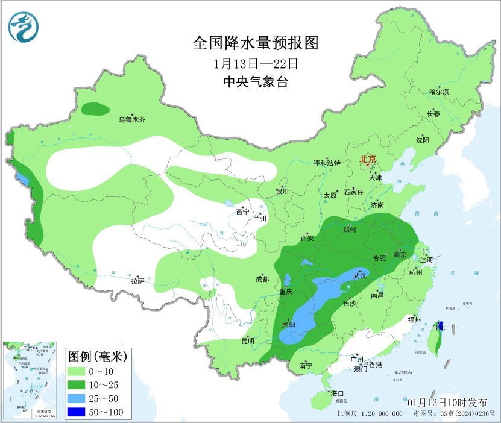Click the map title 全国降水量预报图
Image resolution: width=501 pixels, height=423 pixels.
tap(255, 43)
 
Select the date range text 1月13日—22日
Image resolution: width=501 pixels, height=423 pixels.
tap(256, 63)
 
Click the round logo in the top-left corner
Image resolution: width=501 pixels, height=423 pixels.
tap(23, 26)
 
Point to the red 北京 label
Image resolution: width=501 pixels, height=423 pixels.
tap(368, 160)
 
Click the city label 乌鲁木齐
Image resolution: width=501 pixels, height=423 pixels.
tap(131, 120)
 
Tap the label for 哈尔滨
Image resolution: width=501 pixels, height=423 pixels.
tap(439, 92)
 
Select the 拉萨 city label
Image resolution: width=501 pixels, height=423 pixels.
tap(137, 281)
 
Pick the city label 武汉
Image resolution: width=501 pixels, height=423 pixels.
tap(360, 275)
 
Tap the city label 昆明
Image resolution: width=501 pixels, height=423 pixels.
tap(248, 341)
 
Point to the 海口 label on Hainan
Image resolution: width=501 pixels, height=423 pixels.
tap(336, 393)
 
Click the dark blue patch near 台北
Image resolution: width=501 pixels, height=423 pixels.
tap(441, 326)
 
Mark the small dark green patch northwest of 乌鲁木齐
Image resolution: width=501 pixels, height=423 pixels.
tap(95, 109)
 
